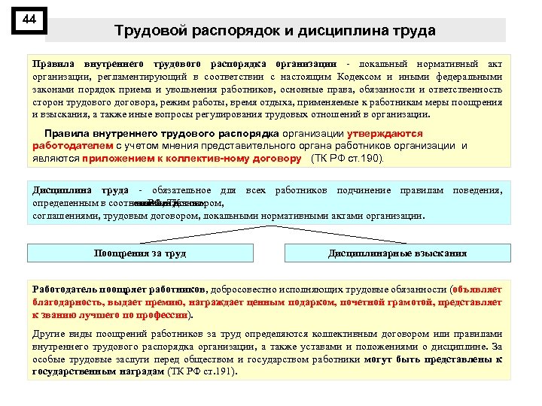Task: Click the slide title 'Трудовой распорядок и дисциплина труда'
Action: point(275,31)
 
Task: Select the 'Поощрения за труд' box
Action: point(140,253)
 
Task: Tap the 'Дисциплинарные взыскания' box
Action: point(397,253)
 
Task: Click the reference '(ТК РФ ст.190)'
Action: point(347,159)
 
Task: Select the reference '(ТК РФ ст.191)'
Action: point(201,371)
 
